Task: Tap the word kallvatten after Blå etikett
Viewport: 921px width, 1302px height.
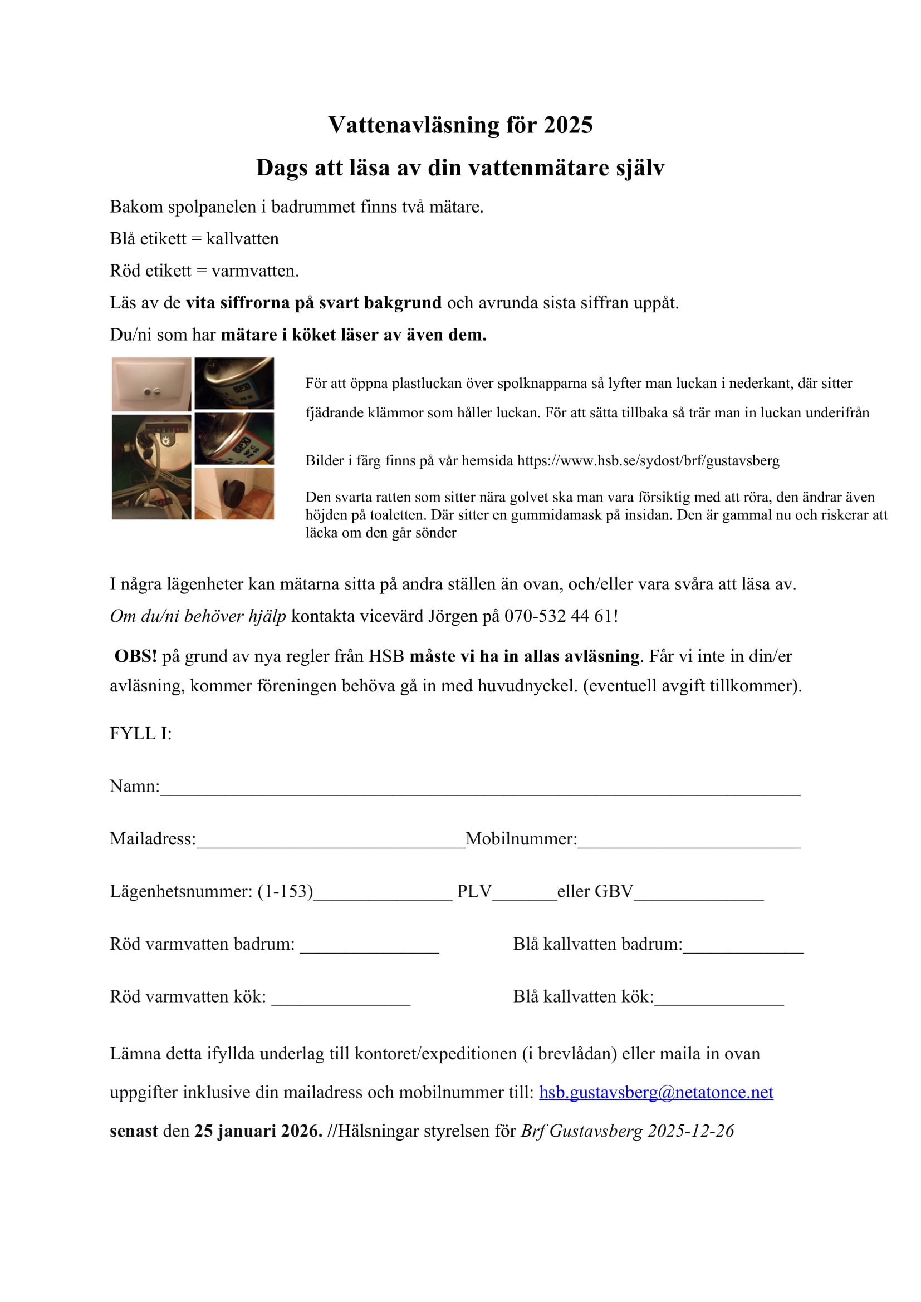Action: pyautogui.click(x=242, y=239)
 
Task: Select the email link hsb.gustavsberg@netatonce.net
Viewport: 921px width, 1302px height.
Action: pyautogui.click(x=655, y=1092)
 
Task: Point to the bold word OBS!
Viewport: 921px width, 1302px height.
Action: pyautogui.click(x=135, y=656)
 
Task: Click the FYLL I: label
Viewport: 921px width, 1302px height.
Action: pyautogui.click(x=141, y=734)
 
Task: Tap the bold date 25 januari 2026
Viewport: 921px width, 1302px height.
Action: pyautogui.click(x=258, y=1131)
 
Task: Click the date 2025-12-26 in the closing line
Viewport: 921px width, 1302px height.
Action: pyautogui.click(x=690, y=1131)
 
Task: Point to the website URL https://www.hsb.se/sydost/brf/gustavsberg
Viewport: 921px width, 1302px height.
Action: pyautogui.click(x=648, y=460)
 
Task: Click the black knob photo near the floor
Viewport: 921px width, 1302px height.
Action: pyautogui.click(x=234, y=493)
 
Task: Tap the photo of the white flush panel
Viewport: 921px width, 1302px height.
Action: pyautogui.click(x=151, y=384)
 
